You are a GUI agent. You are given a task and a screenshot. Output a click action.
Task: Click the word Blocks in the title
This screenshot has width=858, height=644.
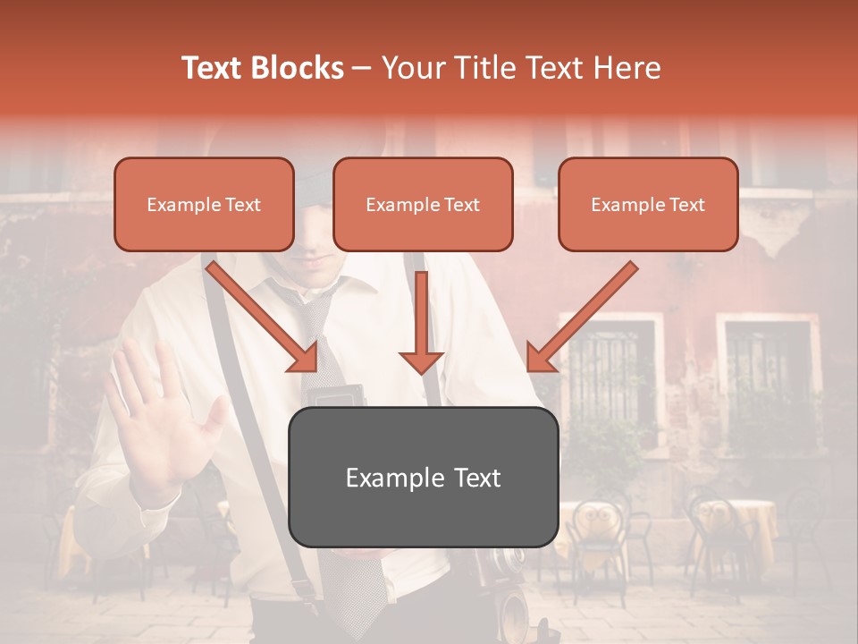coord(298,68)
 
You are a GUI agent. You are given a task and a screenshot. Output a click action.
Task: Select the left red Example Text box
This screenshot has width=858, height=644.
coord(204,205)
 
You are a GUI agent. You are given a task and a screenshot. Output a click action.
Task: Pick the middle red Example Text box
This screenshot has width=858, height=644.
coord(423,205)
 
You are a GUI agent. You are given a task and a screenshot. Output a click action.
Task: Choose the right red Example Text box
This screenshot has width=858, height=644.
coord(648,205)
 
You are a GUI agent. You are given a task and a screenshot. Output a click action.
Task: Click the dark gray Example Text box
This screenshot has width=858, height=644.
coord(423,478)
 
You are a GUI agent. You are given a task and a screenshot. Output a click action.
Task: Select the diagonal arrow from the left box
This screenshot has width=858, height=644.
coord(263,317)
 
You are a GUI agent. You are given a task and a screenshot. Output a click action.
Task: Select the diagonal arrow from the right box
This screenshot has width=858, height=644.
coord(582,318)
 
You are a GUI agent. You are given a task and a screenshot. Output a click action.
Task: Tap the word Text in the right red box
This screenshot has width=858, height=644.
coord(686,205)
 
